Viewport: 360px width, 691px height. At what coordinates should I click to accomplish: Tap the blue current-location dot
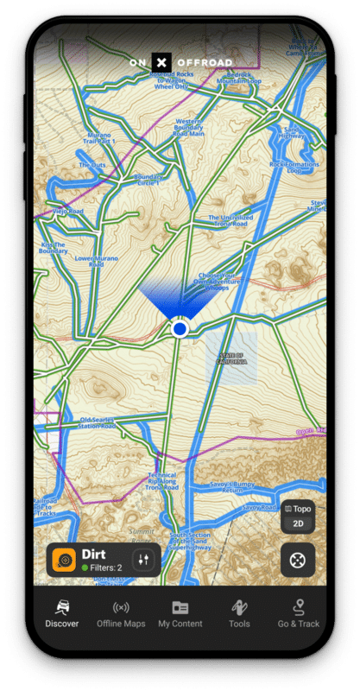180,329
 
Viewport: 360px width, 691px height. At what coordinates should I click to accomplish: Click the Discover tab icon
62,607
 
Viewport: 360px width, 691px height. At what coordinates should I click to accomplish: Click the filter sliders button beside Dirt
144,560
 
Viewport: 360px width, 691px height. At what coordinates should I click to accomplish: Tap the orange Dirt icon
64,560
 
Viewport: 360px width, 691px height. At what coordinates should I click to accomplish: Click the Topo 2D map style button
298,517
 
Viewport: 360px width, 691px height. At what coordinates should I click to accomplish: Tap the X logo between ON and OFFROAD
161,62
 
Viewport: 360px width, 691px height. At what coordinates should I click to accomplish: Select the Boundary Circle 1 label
148,180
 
